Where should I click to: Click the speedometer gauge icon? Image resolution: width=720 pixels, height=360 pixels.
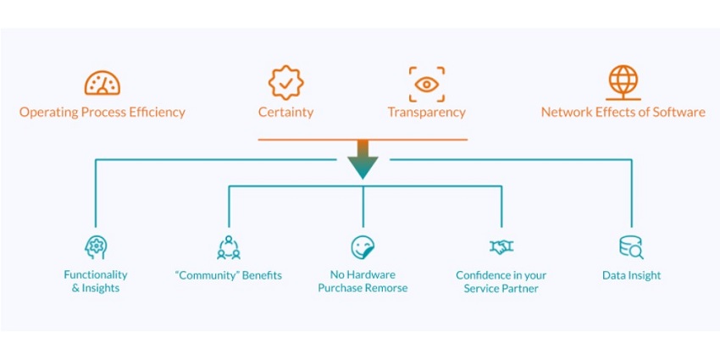tap(102, 83)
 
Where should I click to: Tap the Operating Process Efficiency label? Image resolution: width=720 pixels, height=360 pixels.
tap(102, 112)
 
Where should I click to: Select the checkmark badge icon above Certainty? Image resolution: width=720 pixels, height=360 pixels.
tap(285, 83)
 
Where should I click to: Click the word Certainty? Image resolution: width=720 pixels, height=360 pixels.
tap(285, 112)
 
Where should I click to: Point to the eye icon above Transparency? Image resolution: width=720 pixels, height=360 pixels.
tap(426, 83)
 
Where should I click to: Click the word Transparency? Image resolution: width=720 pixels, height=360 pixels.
tap(426, 112)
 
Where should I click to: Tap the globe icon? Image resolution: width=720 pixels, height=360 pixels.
tap(623, 82)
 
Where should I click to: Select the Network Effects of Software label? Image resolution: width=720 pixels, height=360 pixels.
tap(623, 112)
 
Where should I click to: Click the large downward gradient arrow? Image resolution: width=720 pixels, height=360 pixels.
tap(363, 158)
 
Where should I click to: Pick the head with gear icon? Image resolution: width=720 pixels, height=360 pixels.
tap(96, 247)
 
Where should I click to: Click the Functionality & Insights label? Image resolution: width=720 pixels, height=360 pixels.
tap(96, 281)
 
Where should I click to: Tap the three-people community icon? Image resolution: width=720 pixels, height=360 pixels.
tap(229, 247)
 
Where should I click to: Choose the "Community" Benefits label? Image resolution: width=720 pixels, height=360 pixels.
tap(229, 275)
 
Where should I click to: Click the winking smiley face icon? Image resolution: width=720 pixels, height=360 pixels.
tap(363, 247)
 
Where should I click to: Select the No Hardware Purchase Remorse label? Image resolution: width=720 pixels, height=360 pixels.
tap(363, 281)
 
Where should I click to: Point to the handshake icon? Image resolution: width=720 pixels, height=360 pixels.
tap(501, 247)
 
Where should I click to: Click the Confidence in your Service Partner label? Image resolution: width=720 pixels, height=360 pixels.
tap(501, 281)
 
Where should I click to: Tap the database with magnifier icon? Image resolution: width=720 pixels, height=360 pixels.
tap(631, 247)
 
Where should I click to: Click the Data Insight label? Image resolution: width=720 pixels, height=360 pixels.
tap(631, 275)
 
